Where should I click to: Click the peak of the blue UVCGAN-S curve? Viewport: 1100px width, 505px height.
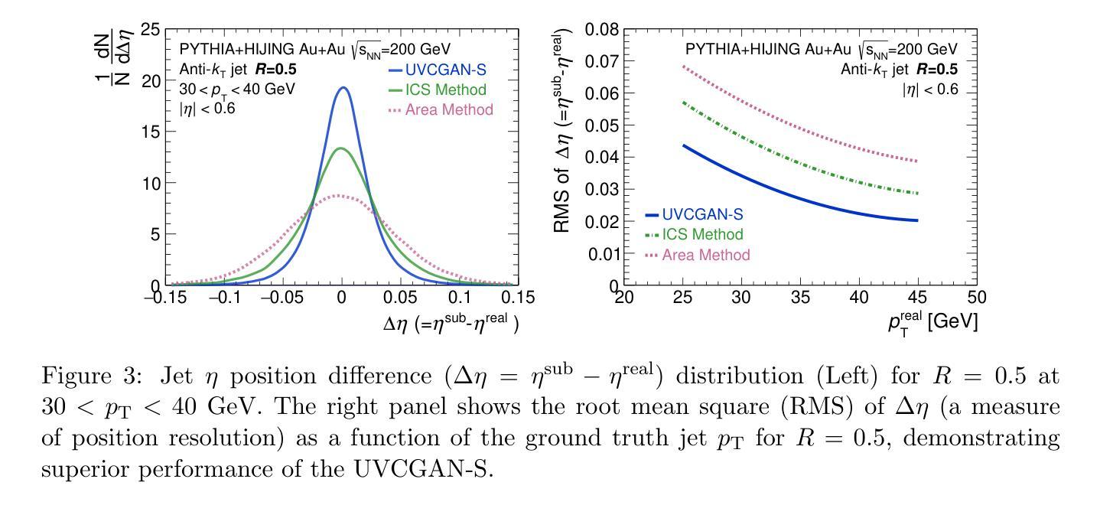click(x=343, y=87)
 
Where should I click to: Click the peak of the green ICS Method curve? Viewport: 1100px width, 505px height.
click(x=341, y=148)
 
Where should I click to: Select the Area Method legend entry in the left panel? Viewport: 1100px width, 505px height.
click(x=440, y=109)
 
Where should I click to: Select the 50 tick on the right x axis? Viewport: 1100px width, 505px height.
click(x=976, y=297)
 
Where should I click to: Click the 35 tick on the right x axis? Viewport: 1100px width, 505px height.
click(x=800, y=297)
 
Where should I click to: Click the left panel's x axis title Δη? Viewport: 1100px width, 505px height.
click(x=451, y=324)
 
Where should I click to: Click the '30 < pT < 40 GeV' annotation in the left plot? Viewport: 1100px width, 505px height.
click(x=237, y=89)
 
